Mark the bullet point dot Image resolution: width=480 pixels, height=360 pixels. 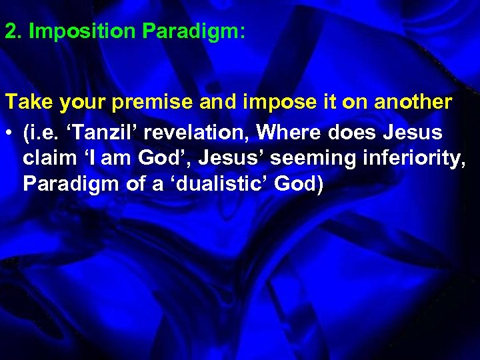coord(9,133)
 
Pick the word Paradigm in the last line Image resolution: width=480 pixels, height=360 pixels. coord(69,185)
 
